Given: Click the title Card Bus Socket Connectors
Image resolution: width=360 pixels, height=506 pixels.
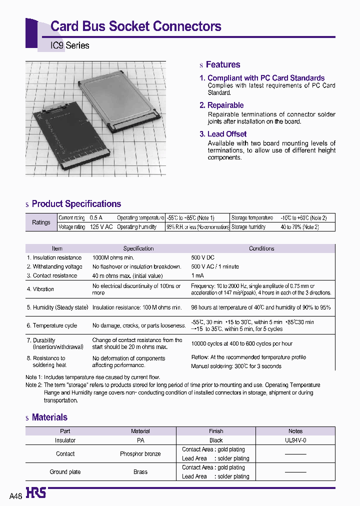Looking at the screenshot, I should (136, 26).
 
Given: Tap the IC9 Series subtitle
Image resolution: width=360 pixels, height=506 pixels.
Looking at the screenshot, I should (70, 45).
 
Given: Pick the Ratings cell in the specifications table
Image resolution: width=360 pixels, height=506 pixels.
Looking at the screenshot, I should (41, 222).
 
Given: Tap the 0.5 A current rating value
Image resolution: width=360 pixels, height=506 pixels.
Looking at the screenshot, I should (96, 218).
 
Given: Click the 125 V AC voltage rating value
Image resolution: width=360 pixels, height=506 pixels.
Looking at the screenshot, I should (101, 227).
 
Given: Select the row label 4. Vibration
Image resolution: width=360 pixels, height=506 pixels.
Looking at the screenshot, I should (40, 289).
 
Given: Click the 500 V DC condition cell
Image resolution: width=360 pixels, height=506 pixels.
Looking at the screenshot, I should (202, 257).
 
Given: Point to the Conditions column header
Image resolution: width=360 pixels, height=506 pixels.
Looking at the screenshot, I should (261, 248).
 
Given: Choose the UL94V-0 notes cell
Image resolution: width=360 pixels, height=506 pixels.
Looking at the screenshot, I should (295, 440).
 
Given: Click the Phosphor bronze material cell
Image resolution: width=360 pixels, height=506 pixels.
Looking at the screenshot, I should (140, 454).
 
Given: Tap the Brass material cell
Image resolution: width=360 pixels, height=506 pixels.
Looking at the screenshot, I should (140, 472).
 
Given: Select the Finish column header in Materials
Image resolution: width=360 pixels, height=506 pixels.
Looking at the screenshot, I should (216, 431).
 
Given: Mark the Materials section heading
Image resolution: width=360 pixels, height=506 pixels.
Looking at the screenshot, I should (49, 417).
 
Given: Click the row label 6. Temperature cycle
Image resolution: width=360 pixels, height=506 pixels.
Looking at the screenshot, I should (52, 325).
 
